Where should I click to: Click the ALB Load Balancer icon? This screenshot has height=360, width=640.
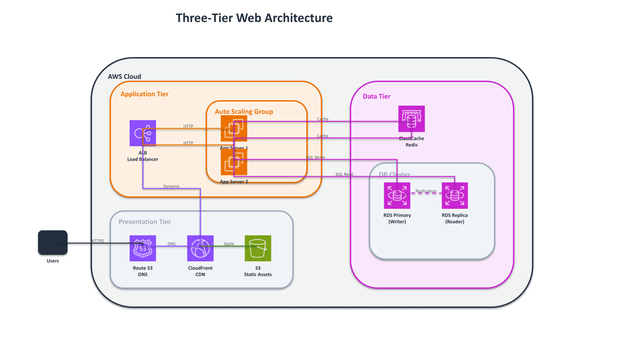143,133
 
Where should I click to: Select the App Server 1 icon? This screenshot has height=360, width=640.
234,128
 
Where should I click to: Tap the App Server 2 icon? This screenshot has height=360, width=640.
234,162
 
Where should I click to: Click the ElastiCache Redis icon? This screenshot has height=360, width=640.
411,119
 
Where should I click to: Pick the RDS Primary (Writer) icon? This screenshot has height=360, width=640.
397,195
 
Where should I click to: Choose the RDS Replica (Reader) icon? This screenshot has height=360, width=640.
454,195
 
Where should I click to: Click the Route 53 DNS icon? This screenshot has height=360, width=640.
143,248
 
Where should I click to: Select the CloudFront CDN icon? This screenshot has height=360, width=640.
200,248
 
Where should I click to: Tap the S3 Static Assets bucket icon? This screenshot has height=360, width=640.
258,248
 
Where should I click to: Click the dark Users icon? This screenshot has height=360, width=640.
53,242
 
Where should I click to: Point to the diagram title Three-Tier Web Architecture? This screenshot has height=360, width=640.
254,18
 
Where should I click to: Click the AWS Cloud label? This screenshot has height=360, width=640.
125,77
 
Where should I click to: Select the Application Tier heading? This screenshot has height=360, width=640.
145,94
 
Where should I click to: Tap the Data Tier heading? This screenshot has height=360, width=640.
376,96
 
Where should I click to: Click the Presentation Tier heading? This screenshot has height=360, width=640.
145,222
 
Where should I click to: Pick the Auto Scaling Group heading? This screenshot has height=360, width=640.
244,112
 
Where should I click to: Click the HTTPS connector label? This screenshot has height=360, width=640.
98,241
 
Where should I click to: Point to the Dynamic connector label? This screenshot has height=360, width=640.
171,186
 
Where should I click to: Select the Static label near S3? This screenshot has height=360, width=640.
229,244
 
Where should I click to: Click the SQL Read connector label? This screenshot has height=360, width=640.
344,174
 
